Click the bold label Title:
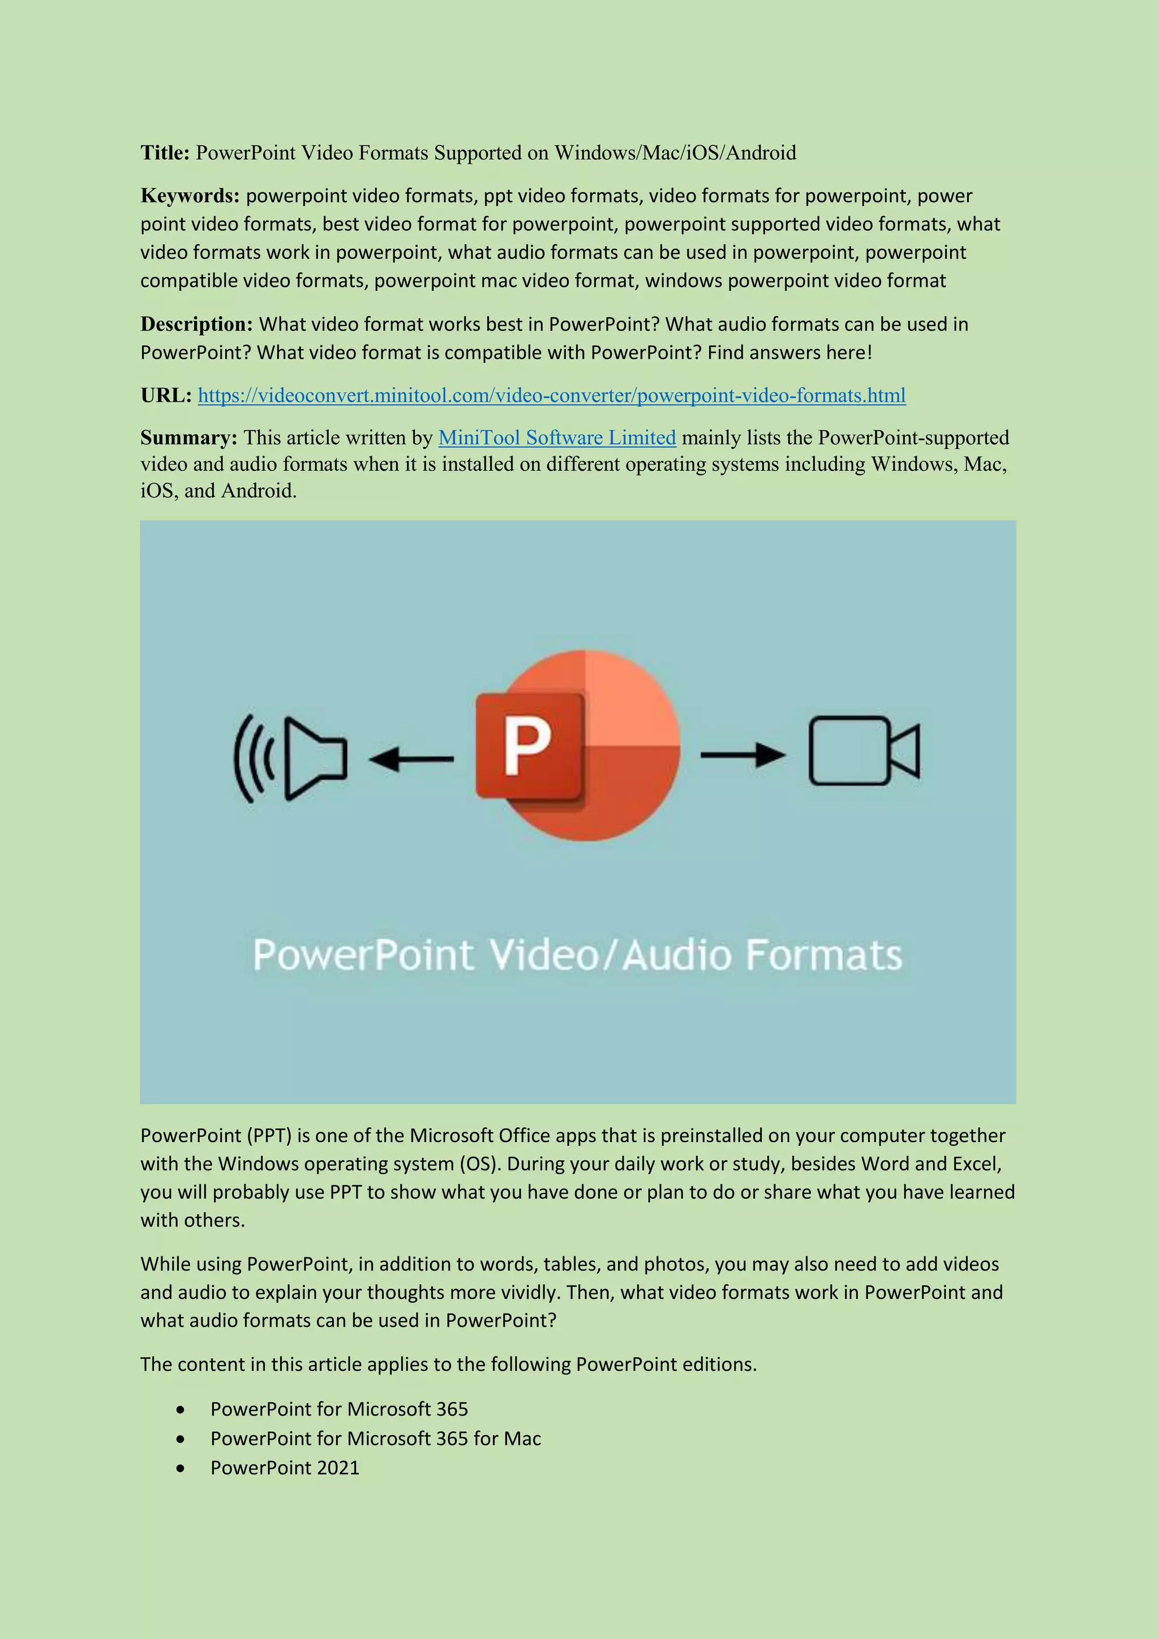[165, 153]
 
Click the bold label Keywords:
[190, 196]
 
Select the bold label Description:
[196, 324]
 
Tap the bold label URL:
[166, 396]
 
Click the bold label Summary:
[188, 437]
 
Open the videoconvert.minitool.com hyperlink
[552, 396]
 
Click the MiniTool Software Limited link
[557, 437]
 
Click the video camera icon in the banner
[864, 751]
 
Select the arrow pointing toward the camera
[742, 754]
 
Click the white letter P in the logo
[527, 746]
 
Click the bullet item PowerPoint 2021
[285, 1468]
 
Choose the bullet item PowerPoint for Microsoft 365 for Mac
[375, 1439]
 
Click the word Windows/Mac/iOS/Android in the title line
[675, 153]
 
